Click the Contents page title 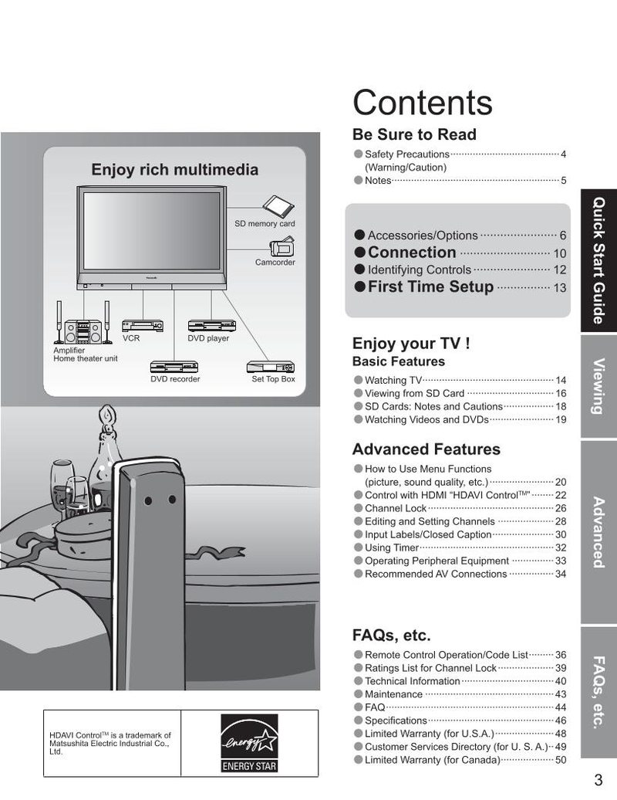(x=423, y=103)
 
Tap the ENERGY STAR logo (x=249, y=743)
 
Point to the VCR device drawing (x=143, y=326)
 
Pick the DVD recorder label (x=175, y=379)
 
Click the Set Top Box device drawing (x=271, y=367)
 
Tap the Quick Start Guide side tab (x=598, y=261)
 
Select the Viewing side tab (x=598, y=386)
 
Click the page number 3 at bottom (x=598, y=780)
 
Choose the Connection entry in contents (x=412, y=252)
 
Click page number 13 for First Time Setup (x=559, y=288)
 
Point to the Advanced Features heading (x=426, y=449)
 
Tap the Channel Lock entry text (x=396, y=508)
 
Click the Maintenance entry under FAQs (x=393, y=694)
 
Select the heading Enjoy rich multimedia (x=175, y=169)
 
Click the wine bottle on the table (x=106, y=454)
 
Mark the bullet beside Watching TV (x=358, y=380)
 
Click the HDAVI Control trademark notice (x=110, y=743)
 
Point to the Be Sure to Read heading (x=414, y=134)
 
